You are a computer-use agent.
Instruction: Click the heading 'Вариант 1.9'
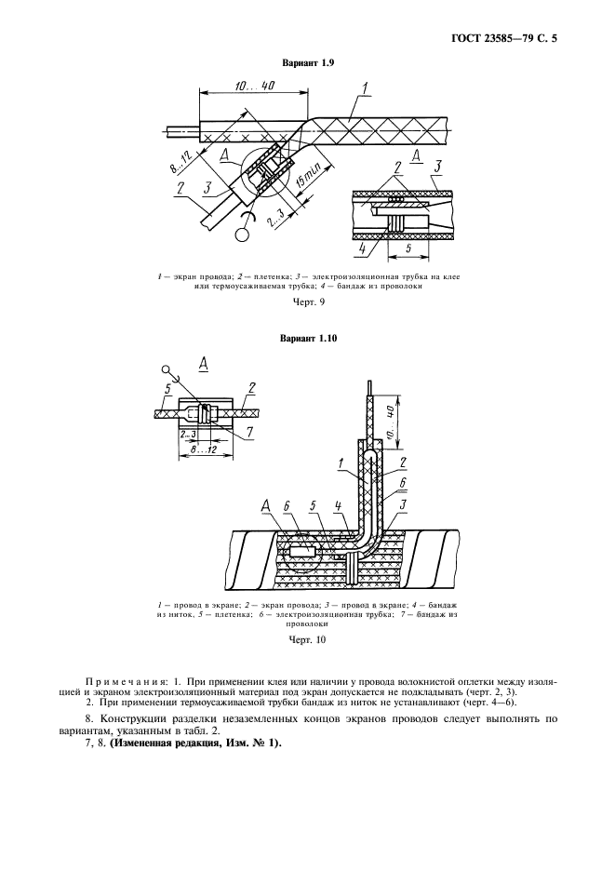click(307, 63)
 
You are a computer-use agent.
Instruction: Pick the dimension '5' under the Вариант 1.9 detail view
click(408, 248)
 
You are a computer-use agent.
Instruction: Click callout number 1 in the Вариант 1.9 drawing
click(366, 89)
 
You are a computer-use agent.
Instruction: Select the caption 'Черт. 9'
click(307, 302)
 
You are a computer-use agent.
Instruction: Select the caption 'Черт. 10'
click(307, 639)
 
